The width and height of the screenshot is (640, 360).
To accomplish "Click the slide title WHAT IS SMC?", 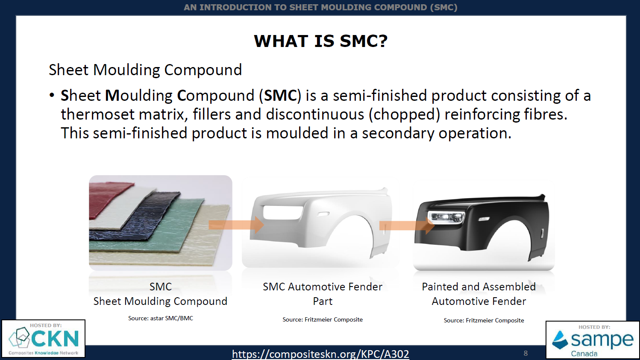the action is tap(320, 41).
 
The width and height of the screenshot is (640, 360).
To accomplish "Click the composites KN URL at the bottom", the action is tap(320, 354).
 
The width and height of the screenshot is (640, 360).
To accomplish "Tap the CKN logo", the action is tap(44, 339).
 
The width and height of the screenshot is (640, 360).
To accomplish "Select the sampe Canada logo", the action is tap(593, 340).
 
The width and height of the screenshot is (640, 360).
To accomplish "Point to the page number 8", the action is tap(526, 354).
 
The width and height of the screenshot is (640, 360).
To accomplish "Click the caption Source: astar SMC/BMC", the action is tap(161, 318).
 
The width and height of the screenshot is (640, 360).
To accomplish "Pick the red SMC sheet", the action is tap(109, 197).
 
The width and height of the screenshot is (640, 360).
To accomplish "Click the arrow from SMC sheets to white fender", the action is tap(236, 225).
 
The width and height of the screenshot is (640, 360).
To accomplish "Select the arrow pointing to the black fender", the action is tap(407, 226).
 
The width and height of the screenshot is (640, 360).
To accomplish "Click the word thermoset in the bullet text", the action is tap(97, 114).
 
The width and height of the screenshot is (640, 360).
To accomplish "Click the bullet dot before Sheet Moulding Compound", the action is tap(52, 95).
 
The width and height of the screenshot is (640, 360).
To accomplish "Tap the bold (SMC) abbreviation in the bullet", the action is tap(280, 95).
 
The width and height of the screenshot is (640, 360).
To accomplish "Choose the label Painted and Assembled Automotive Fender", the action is tap(479, 294).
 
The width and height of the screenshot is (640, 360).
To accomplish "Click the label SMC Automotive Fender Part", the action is tap(323, 294).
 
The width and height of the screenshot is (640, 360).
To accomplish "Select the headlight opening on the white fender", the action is tap(282, 212).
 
